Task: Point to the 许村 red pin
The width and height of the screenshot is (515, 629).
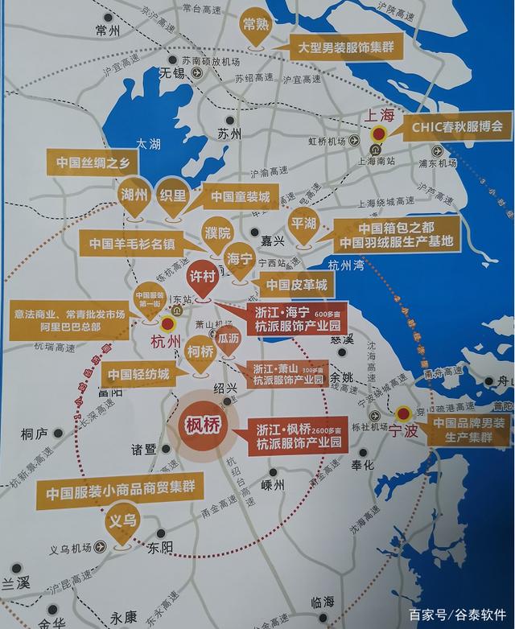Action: click(x=203, y=275)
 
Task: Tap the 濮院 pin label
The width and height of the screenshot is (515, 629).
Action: click(x=216, y=233)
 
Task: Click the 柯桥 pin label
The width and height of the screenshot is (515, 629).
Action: click(x=200, y=351)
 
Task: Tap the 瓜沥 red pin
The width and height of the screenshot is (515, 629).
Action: click(x=229, y=339)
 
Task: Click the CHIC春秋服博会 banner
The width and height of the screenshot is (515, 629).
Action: click(x=456, y=125)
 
